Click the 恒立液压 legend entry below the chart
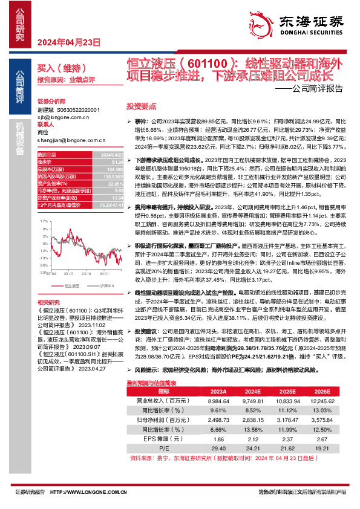point(71,285)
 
